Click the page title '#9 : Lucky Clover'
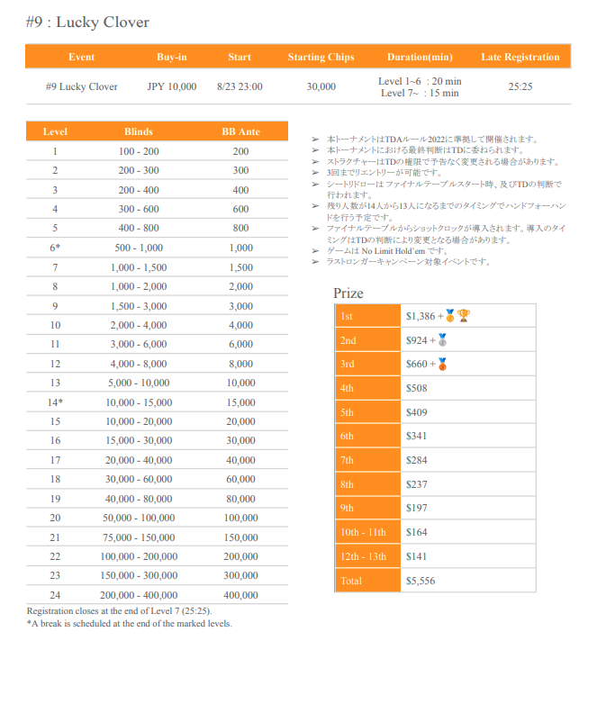87,23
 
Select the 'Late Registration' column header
520,57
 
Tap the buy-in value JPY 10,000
171,87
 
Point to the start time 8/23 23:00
240,87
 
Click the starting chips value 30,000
321,87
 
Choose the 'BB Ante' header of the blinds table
240,132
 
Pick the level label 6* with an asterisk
56,248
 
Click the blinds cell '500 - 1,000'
139,248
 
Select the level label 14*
56,402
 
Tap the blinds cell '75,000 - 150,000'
139,537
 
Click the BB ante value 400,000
240,595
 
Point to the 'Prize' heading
348,293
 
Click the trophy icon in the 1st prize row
463,316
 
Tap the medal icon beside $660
442,365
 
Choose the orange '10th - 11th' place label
364,532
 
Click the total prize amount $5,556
421,581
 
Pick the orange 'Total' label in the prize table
351,581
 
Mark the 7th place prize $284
417,460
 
